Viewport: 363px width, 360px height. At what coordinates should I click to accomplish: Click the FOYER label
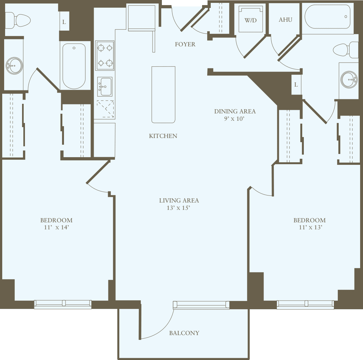(x=185, y=44)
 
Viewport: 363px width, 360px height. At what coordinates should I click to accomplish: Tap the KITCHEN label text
(x=163, y=136)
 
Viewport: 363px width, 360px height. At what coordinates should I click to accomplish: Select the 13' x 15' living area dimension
(x=178, y=208)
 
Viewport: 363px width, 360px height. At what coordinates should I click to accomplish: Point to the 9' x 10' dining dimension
(x=234, y=119)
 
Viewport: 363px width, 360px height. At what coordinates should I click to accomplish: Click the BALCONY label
(x=184, y=333)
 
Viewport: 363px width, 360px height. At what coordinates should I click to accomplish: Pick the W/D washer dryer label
(x=250, y=20)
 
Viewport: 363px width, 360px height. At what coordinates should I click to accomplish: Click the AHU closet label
(x=285, y=20)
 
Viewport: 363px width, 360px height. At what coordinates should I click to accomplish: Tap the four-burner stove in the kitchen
(x=105, y=56)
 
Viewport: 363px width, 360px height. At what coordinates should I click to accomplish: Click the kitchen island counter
(x=163, y=95)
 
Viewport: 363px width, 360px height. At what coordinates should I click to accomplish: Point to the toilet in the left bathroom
(x=20, y=20)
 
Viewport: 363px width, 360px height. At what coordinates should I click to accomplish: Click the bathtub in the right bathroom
(x=327, y=17)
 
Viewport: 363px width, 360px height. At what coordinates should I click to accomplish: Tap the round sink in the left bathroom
(x=14, y=66)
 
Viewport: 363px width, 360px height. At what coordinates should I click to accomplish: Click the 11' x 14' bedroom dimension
(x=57, y=228)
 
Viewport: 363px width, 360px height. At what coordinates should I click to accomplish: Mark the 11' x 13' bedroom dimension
(x=310, y=228)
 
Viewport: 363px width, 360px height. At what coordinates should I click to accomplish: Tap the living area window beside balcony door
(x=201, y=305)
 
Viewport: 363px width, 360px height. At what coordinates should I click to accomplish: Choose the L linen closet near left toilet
(x=64, y=22)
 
